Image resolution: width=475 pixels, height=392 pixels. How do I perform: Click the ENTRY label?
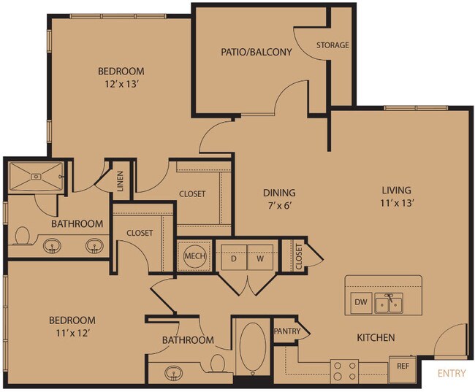click(x=451, y=374)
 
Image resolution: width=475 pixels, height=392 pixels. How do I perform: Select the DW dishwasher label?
click(x=360, y=301)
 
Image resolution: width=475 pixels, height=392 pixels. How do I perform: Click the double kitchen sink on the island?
click(x=388, y=303)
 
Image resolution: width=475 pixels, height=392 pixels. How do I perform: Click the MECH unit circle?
click(x=194, y=256)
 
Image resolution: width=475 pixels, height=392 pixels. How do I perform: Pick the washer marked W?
click(x=258, y=258)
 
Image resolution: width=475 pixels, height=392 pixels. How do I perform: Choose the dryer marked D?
click(x=234, y=258)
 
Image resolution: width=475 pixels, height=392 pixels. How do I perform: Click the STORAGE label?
click(x=332, y=45)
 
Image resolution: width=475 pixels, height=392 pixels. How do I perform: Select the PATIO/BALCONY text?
click(x=256, y=52)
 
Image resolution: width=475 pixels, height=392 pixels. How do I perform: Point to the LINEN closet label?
click(x=121, y=182)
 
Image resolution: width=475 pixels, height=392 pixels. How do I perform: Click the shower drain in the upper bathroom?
click(x=36, y=175)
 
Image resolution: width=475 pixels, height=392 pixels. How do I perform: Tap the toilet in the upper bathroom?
click(x=22, y=236)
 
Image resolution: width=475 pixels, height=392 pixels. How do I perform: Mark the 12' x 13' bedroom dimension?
click(x=121, y=84)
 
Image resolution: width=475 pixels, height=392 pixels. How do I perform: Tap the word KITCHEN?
click(x=376, y=338)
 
